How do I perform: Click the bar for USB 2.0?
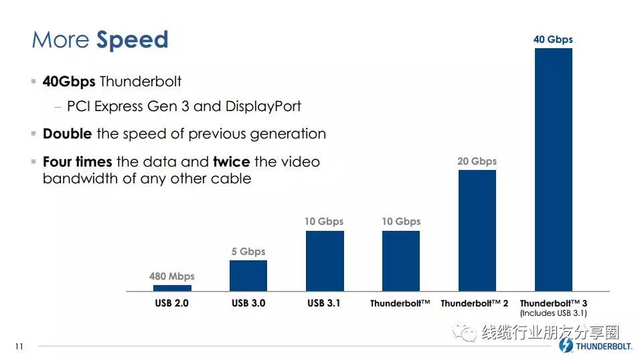(172, 288)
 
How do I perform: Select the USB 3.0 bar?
(248, 276)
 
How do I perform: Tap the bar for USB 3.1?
(325, 261)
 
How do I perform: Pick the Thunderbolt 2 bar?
(477, 231)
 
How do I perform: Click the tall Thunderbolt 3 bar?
(554, 170)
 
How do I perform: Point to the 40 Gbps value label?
(553, 39)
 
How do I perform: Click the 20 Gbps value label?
(477, 161)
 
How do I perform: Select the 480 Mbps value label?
(172, 276)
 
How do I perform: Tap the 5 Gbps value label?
(248, 252)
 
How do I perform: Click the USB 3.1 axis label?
(323, 303)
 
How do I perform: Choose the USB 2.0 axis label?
(171, 303)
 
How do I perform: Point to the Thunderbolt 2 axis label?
(474, 303)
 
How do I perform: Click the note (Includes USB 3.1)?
(554, 313)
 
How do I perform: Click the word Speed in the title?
(132, 40)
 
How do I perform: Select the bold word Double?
(68, 134)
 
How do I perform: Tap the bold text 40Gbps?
(69, 82)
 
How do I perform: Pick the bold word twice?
(232, 162)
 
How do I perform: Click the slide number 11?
(19, 347)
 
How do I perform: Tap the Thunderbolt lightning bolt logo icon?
(566, 345)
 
